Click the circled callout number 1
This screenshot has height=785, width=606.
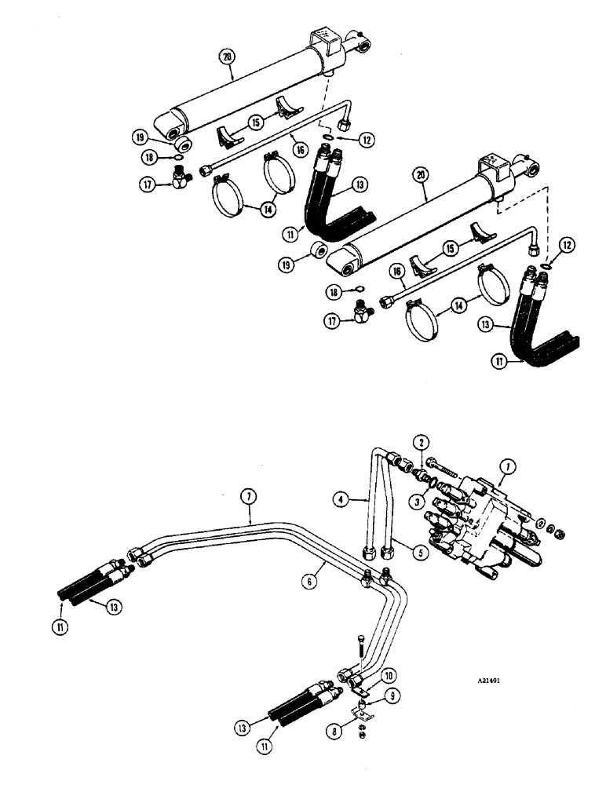click(x=509, y=468)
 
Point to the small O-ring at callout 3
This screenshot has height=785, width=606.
click(x=424, y=476)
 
